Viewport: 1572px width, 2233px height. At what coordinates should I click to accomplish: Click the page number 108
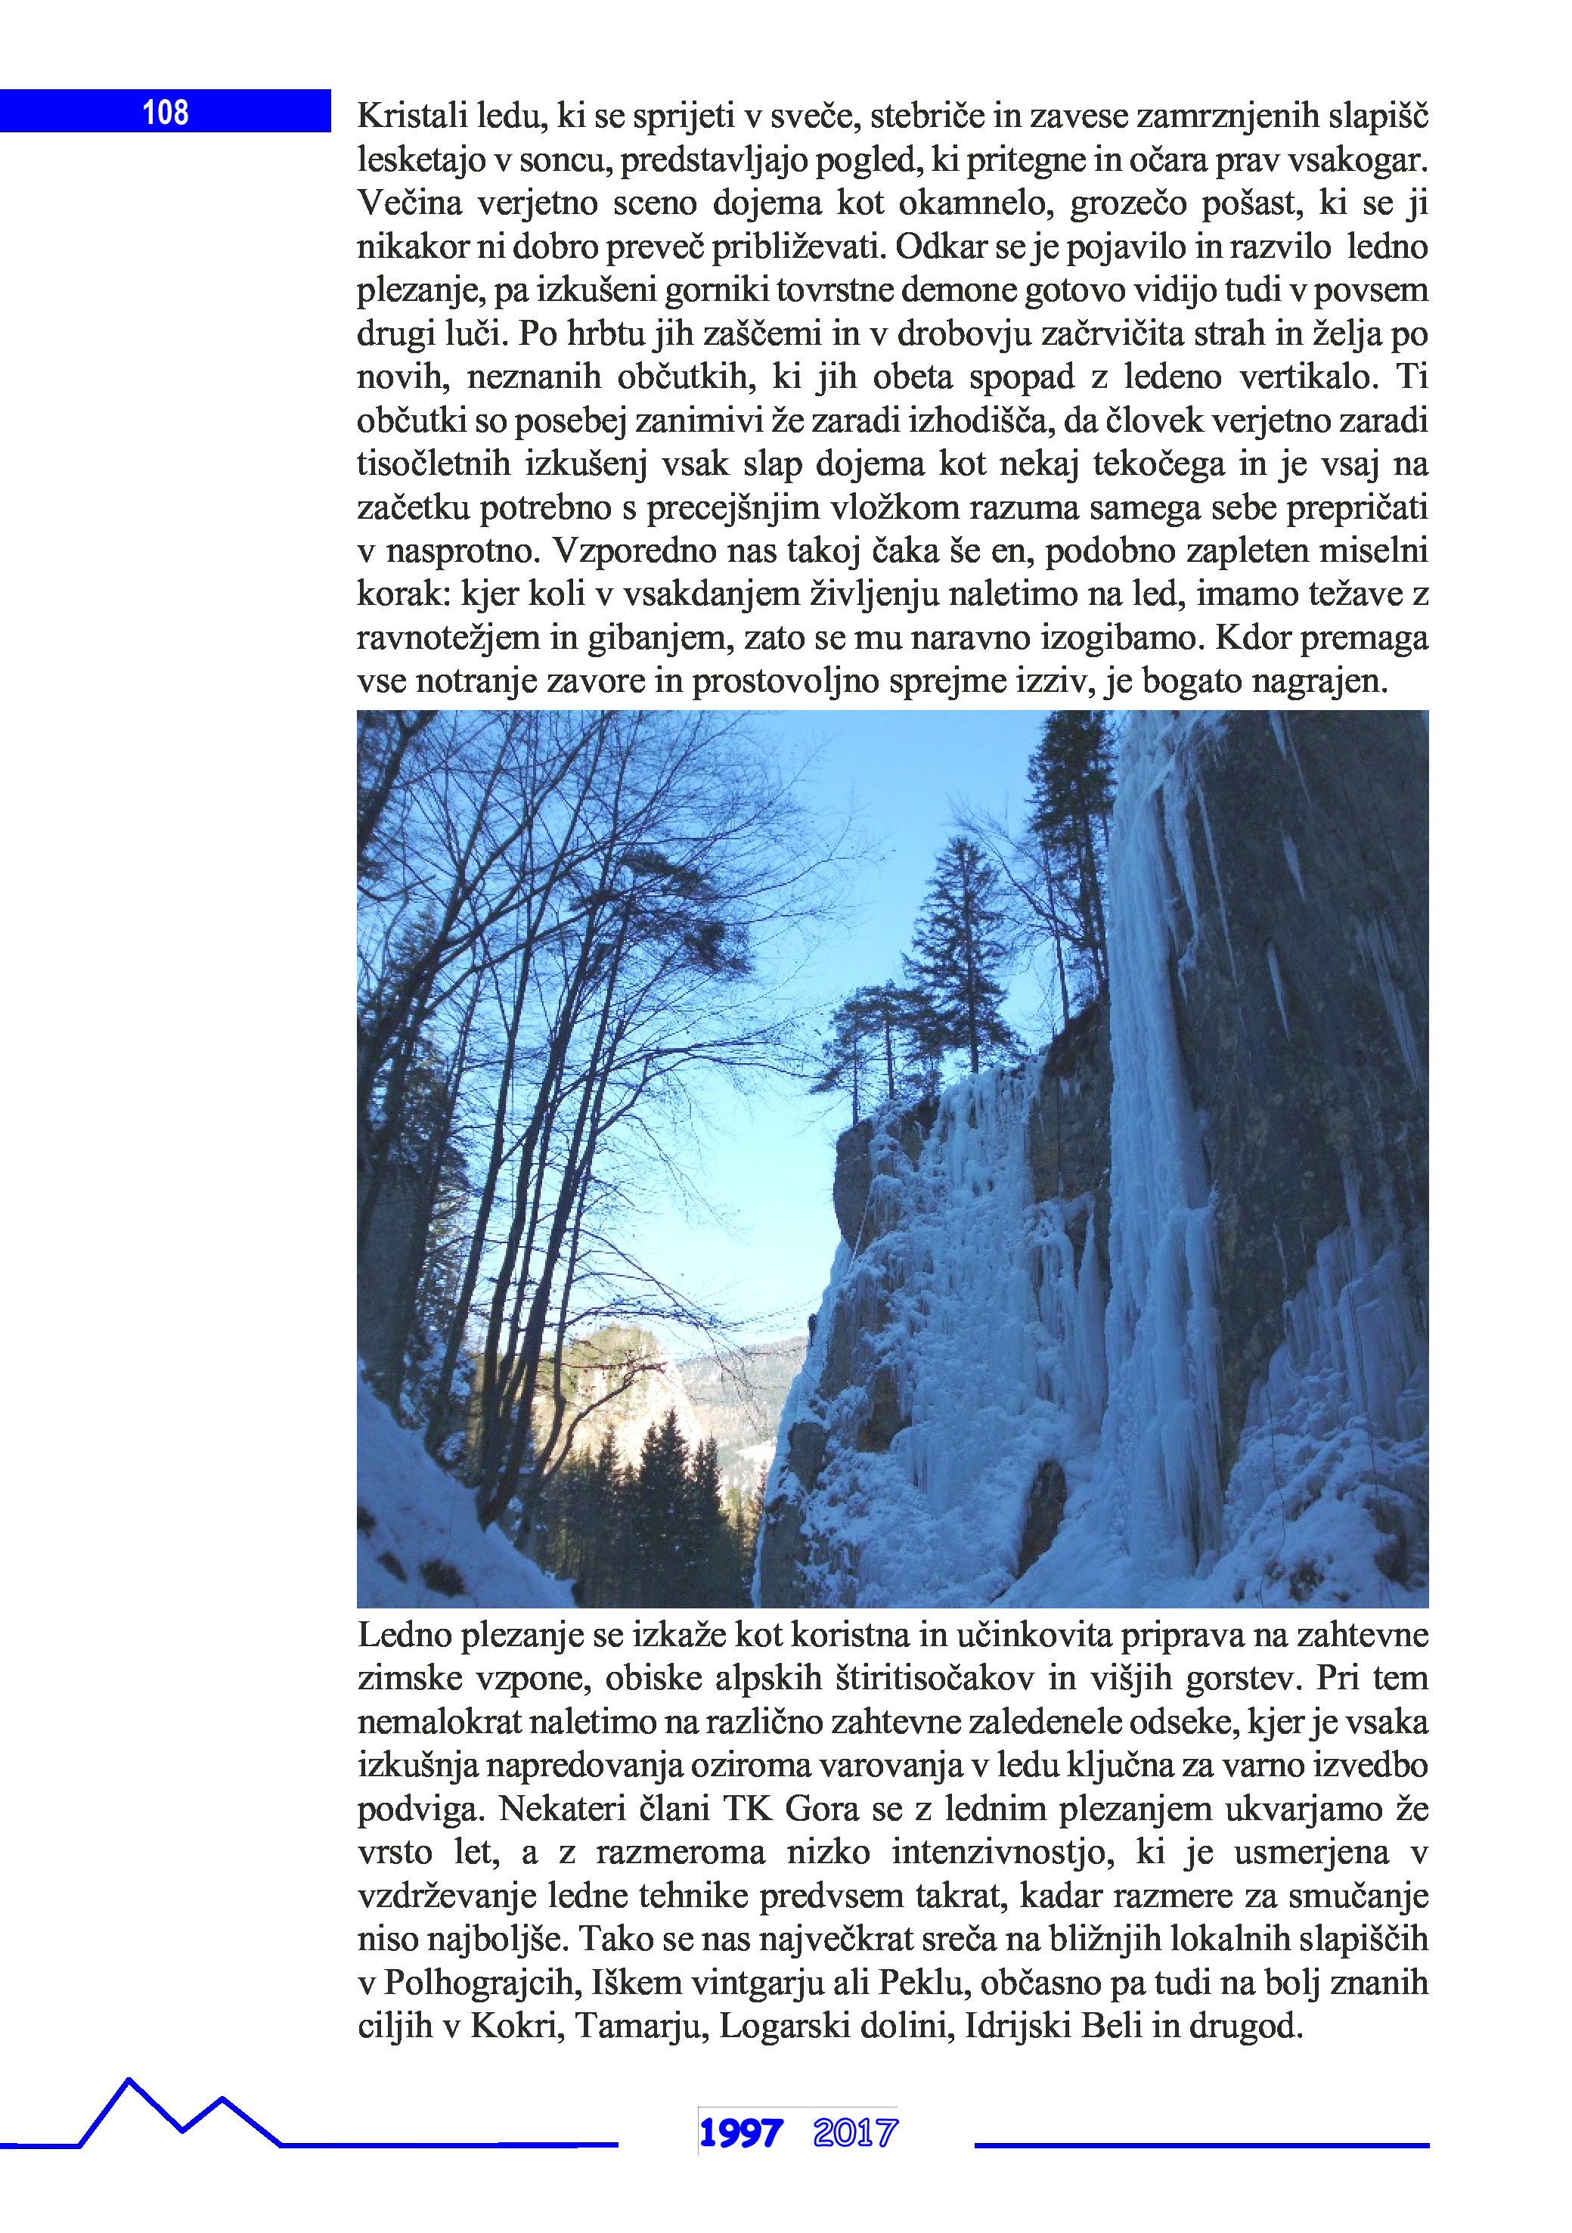(166, 113)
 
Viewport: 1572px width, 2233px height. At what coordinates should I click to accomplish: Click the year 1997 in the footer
(740, 2134)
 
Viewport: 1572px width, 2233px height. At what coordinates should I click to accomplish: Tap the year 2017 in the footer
(855, 2134)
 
